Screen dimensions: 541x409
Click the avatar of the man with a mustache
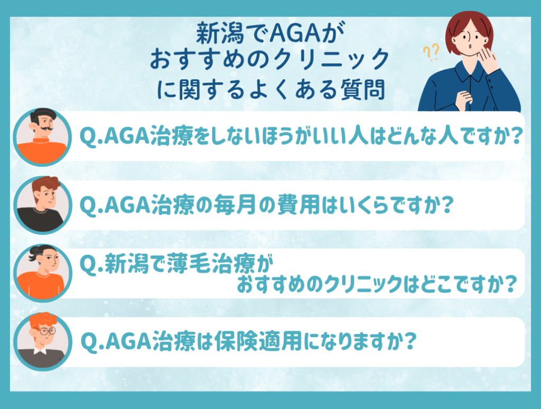point(42,137)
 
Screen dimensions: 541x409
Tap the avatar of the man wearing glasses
point(42,341)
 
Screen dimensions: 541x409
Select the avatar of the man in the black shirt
point(42,205)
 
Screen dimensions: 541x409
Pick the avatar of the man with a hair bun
point(42,273)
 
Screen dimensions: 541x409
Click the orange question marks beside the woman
point(431,52)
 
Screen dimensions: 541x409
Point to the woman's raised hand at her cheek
point(488,58)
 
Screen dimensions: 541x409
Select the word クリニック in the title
point(331,59)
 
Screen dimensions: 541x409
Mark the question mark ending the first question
point(516,136)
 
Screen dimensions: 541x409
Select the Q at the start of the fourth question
point(88,342)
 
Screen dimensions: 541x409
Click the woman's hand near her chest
point(463,100)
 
